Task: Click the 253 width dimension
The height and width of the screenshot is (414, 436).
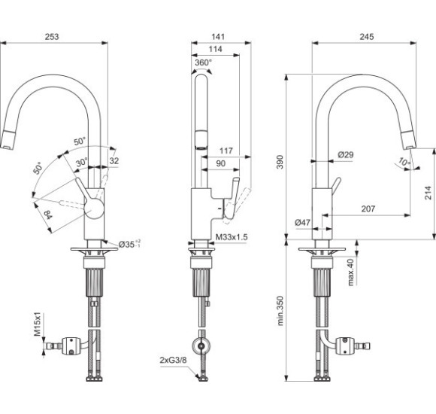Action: (52, 37)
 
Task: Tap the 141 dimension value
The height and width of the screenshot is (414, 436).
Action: (218, 37)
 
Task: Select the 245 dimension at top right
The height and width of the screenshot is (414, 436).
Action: (367, 37)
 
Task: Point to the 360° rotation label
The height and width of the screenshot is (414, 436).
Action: (203, 62)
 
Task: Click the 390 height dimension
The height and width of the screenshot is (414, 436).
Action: (280, 162)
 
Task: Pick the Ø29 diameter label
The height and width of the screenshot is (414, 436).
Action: (346, 154)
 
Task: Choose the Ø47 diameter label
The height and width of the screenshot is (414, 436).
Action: (302, 222)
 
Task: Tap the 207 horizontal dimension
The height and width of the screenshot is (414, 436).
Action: (368, 209)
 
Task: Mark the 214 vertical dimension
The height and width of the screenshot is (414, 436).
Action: (428, 193)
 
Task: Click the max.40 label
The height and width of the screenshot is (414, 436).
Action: (350, 272)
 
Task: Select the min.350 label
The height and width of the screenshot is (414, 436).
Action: (280, 311)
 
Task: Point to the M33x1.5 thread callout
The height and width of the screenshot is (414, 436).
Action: (232, 237)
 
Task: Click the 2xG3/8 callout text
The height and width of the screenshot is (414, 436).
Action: (173, 360)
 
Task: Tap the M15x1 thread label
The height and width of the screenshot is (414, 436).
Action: (38, 324)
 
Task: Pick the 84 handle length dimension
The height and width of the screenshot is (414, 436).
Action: (48, 215)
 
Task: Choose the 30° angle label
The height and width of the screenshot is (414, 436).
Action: (82, 162)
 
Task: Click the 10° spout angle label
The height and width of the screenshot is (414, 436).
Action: (404, 162)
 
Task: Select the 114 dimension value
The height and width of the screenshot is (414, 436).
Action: (216, 49)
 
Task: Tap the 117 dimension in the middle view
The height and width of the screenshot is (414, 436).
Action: (226, 151)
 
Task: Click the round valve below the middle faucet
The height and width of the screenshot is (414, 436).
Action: (201, 346)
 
